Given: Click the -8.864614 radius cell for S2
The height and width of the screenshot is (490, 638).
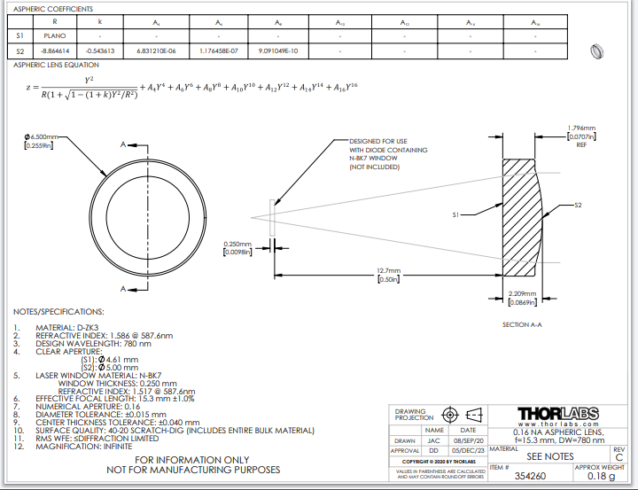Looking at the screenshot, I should (56, 51).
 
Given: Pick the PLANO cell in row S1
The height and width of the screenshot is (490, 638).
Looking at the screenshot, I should (56, 35).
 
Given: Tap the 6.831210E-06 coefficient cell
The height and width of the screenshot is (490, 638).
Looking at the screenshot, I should (157, 51).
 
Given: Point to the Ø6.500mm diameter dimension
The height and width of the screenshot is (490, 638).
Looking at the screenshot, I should (42, 137).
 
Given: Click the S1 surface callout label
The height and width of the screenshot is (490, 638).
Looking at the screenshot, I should (455, 214).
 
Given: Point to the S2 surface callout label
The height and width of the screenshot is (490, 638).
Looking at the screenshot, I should (578, 205).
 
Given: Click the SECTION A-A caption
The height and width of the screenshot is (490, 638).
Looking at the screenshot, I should (521, 325).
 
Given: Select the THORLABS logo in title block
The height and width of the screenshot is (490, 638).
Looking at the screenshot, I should (557, 414).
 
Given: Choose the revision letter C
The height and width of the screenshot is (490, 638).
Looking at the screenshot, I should (619, 456).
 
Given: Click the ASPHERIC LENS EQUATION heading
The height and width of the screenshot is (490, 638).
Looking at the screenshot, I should (56, 65).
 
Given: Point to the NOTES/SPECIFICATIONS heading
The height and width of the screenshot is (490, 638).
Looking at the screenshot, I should (58, 312).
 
